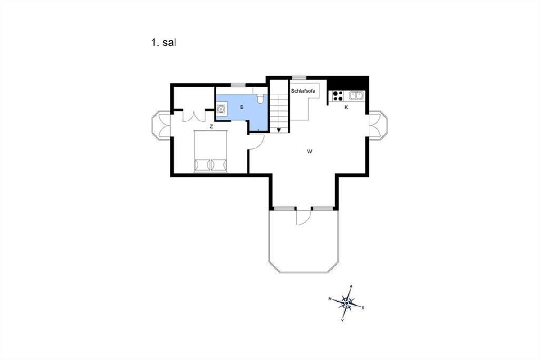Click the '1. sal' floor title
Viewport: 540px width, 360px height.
pyautogui.click(x=164, y=43)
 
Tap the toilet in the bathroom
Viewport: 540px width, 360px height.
pyautogui.click(x=261, y=99)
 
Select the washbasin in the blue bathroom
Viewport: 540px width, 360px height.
pyautogui.click(x=221, y=109)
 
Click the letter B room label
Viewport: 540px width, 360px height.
pyautogui.click(x=242, y=107)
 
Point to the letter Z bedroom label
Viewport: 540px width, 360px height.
pyautogui.click(x=211, y=126)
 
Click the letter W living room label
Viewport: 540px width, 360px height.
pyautogui.click(x=310, y=152)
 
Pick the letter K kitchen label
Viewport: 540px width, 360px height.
pyautogui.click(x=346, y=107)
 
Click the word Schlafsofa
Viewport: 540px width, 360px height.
pyautogui.click(x=303, y=91)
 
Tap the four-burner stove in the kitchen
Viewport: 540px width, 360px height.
pyautogui.click(x=337, y=96)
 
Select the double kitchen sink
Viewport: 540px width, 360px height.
pyautogui.click(x=356, y=96)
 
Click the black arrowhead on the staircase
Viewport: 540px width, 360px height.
pyautogui.click(x=279, y=130)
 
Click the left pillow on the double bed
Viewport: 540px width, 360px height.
pyautogui.click(x=202, y=165)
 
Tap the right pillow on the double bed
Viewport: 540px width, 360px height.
pyautogui.click(x=219, y=165)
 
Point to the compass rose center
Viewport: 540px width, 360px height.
pyautogui.click(x=346, y=303)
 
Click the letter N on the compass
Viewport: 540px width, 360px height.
pyautogui.click(x=330, y=299)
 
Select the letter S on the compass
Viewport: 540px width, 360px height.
pyautogui.click(x=363, y=308)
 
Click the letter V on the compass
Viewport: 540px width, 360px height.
pyautogui.click(x=342, y=320)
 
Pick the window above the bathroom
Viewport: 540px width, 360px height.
pyautogui.click(x=238, y=85)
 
